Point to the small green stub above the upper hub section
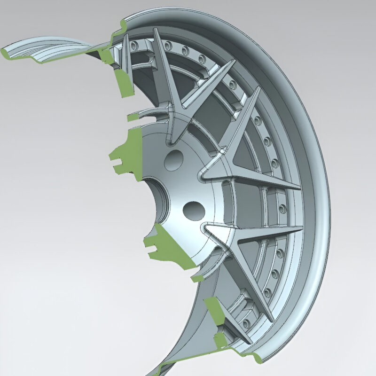(134, 117)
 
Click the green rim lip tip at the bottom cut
(256, 360)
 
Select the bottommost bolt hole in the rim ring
(245, 323)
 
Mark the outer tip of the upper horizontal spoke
(299, 187)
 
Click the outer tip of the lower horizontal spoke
(301, 229)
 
